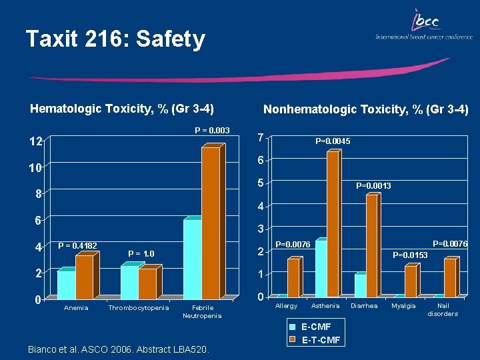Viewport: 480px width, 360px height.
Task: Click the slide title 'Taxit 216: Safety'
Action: coord(115,39)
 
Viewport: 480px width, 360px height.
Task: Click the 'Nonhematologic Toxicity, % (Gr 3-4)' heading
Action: coord(366,109)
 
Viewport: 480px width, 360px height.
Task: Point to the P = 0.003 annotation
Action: coord(212,130)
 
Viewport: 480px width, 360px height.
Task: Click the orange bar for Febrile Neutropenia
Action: coord(211,221)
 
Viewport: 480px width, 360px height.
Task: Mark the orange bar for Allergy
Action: coord(293,277)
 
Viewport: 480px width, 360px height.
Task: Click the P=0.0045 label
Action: coord(333,141)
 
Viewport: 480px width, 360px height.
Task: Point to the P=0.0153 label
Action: coord(410,255)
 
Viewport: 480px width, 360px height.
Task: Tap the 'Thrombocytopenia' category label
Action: coord(139,307)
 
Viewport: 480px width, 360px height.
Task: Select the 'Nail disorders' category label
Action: coord(443,309)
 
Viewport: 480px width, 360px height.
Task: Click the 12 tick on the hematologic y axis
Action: coord(35,141)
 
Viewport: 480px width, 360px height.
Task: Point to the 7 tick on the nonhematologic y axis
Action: coord(262,137)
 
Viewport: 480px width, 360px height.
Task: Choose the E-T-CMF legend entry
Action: coord(321,341)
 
